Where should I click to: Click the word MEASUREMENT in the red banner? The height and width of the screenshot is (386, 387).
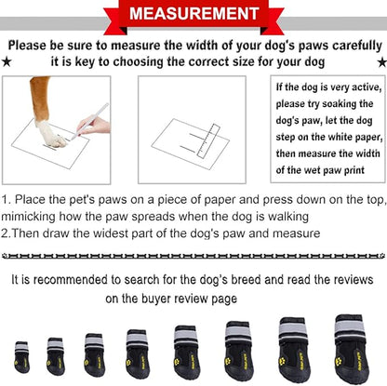[193, 15]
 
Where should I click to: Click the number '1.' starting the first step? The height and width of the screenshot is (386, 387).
[7, 199]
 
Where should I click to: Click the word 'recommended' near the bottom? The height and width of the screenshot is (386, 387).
[73, 280]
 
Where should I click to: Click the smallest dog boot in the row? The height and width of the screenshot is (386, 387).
[21, 357]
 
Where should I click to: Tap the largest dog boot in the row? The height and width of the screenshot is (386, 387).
[351, 345]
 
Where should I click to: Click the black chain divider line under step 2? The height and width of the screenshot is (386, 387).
[193, 254]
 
